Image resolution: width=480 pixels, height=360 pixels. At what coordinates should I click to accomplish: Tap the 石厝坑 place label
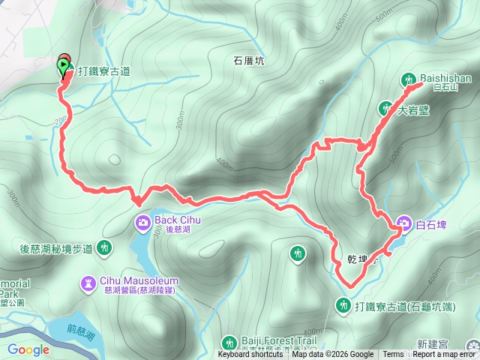click(x=248, y=62)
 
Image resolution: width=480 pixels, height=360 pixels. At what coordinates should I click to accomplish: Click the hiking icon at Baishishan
click(x=409, y=78)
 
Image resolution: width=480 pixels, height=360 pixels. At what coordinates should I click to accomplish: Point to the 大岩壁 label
click(x=412, y=109)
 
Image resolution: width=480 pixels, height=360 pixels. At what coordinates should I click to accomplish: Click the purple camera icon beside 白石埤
click(x=403, y=223)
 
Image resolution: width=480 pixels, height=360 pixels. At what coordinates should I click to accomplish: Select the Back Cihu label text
click(x=178, y=220)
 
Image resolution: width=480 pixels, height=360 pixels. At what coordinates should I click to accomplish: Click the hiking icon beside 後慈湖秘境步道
click(x=104, y=247)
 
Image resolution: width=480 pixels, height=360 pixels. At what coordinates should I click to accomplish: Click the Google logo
click(x=28, y=349)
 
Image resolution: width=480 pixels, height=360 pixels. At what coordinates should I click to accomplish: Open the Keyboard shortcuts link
click(x=251, y=355)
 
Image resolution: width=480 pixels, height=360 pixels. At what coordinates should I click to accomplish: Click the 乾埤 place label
click(x=358, y=259)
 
